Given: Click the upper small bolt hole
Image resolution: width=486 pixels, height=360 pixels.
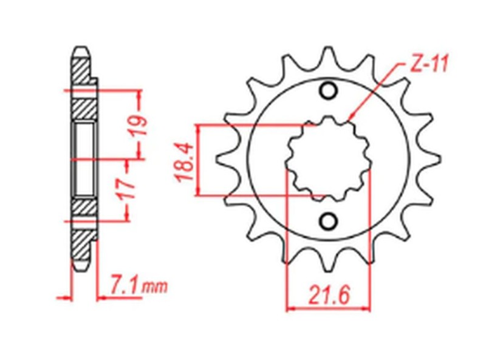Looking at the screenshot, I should click(328, 92).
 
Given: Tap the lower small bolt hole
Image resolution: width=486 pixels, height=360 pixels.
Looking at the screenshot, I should click(328, 221).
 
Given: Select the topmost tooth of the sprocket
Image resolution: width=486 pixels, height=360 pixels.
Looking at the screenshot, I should click(328, 53).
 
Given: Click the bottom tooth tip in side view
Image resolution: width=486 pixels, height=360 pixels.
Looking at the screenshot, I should click(81, 267).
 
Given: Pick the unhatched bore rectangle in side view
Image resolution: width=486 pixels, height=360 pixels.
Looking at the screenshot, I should click(84, 159).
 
